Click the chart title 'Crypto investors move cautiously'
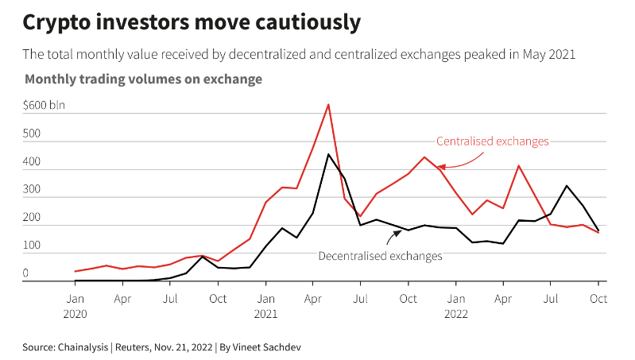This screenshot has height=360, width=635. pyautogui.click(x=192, y=22)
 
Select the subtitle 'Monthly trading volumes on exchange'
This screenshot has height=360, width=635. pyautogui.click(x=143, y=79)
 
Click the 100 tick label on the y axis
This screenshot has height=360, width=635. pyautogui.click(x=31, y=246)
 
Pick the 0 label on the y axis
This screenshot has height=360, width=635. pyautogui.click(x=25, y=273)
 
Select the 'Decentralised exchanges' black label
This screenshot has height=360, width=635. pyautogui.click(x=380, y=256)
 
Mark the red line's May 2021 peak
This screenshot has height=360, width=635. pyautogui.click(x=328, y=104)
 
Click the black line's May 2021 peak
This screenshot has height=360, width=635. pyautogui.click(x=328, y=154)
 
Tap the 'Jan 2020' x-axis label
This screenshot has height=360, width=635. pyautogui.click(x=75, y=306)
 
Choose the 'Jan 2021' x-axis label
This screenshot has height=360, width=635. pyautogui.click(x=265, y=306)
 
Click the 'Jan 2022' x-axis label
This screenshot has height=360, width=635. pyautogui.click(x=455, y=306)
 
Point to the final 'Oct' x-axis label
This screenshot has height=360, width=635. pyautogui.click(x=598, y=299)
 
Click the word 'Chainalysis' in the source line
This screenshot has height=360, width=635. pyautogui.click(x=87, y=346)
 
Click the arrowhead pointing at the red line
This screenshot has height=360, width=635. pyautogui.click(x=440, y=166)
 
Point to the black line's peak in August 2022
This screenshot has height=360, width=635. pyautogui.click(x=567, y=186)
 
